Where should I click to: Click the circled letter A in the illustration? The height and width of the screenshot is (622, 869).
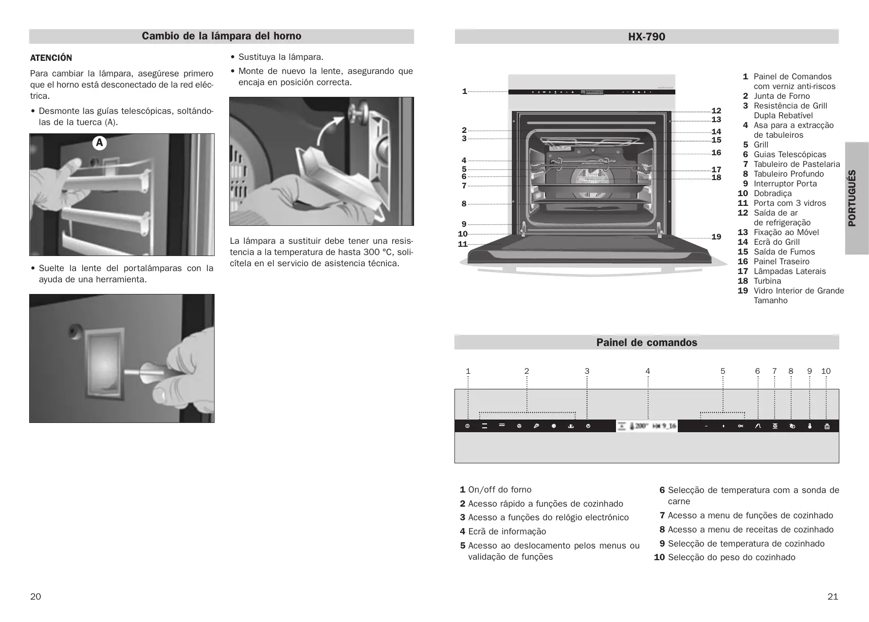[x=99, y=143]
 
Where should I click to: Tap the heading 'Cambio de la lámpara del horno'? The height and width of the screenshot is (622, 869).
[x=221, y=36]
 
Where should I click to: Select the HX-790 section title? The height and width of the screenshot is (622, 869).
[x=646, y=37]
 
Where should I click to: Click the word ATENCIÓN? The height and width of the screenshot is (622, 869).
[x=51, y=58]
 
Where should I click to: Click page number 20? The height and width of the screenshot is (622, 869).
[x=36, y=597]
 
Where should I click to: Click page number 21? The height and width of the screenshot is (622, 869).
[x=833, y=597]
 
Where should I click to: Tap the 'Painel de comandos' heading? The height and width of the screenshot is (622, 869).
[x=647, y=343]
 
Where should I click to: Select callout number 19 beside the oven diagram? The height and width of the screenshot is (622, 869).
[x=716, y=237]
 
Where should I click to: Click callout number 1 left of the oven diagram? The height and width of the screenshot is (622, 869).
[x=464, y=91]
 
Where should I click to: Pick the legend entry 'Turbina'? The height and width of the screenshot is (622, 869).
[x=767, y=281]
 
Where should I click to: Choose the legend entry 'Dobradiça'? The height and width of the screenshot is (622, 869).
[x=773, y=193]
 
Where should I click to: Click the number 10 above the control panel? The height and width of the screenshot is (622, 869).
[x=826, y=371]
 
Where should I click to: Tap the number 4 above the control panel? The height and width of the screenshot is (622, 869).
[x=648, y=371]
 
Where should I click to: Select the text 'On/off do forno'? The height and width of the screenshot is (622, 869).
[x=500, y=490]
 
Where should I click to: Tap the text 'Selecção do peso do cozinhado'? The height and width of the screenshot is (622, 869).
[x=731, y=557]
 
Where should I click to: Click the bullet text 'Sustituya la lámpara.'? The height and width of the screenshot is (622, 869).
[x=281, y=57]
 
